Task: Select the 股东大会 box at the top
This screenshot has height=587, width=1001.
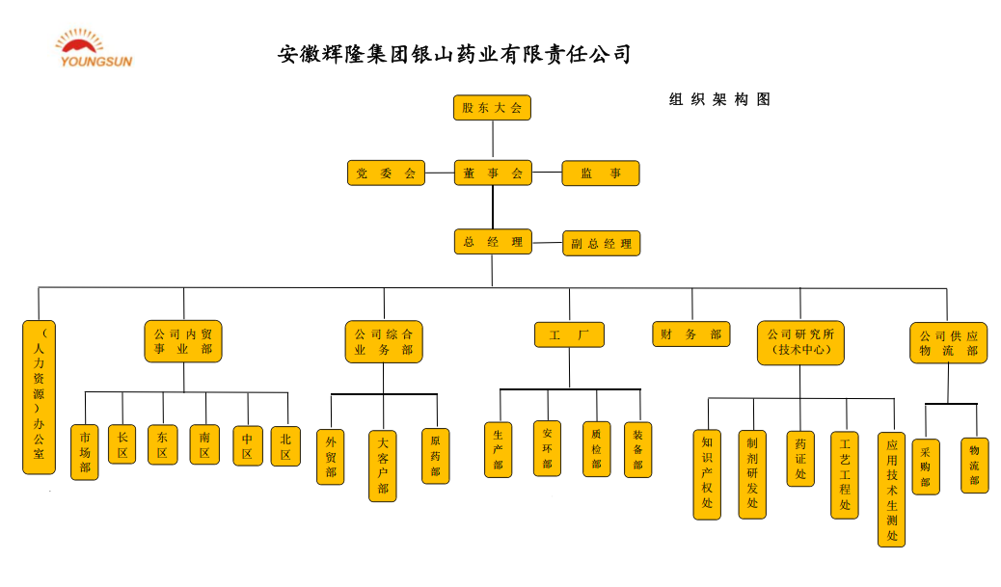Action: coord(492,108)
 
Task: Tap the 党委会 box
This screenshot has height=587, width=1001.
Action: coord(386,173)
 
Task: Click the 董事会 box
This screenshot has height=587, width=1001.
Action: coord(493,173)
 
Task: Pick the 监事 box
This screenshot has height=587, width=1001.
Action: coord(600,173)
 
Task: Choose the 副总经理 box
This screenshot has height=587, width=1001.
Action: coord(601,244)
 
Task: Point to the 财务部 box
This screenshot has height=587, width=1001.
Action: coord(690,334)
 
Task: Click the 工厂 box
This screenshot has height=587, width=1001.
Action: coord(569,334)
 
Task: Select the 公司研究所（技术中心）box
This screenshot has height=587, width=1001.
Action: coord(799,342)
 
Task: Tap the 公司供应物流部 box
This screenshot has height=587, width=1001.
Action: coord(948,342)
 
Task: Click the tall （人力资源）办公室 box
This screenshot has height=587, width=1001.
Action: coord(39,397)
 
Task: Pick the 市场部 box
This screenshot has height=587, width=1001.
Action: coord(85,452)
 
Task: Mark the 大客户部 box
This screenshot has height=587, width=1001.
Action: coord(383,466)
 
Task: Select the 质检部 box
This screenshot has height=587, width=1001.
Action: coord(596,449)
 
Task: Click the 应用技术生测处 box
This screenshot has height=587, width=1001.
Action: coord(891,489)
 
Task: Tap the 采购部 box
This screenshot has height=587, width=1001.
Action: coord(925,467)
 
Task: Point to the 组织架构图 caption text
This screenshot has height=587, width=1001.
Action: coord(719,99)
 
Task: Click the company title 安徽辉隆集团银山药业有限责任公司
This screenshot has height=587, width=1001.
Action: coord(454,54)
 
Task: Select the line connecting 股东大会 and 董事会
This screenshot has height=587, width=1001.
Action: coord(493,140)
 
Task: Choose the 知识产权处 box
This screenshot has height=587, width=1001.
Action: coord(707,474)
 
